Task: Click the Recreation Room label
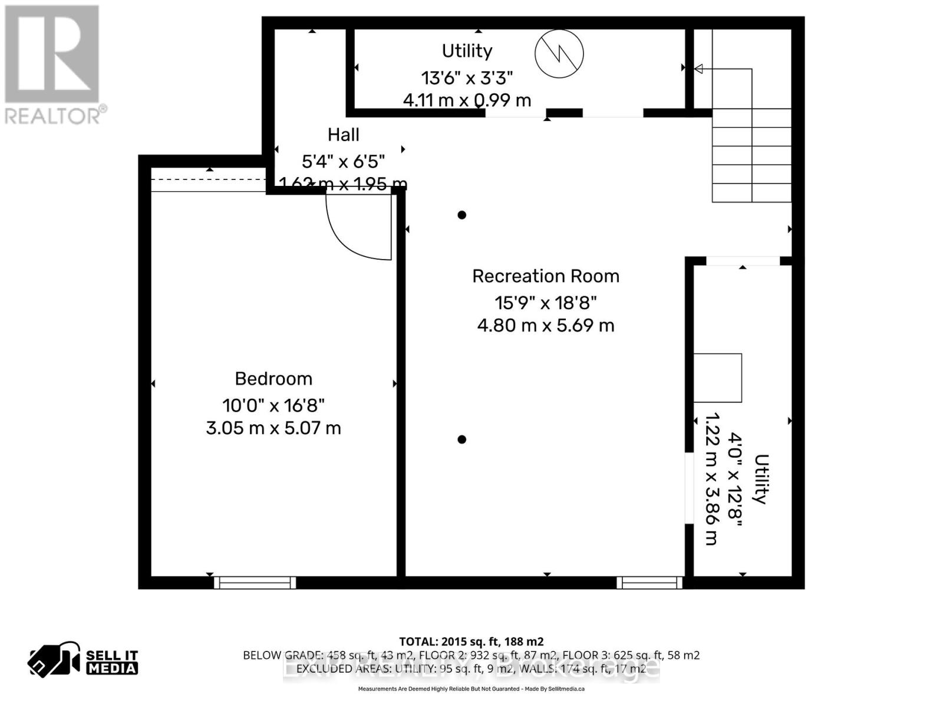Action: tap(545, 276)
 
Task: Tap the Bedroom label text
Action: tap(273, 379)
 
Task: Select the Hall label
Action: tap(343, 135)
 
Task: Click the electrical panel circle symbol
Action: tap(559, 54)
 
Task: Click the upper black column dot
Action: tap(462, 215)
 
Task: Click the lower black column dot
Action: tap(462, 440)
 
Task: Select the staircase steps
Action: tap(751, 155)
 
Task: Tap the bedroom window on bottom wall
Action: tap(255, 583)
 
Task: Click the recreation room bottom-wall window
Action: tap(649, 583)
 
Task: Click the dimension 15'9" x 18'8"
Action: tap(545, 303)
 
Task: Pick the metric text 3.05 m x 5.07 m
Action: tap(273, 428)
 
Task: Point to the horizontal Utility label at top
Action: tap(467, 51)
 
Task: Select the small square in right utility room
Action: tap(717, 378)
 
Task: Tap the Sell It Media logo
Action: tap(83, 661)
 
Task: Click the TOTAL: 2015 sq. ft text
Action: tap(471, 641)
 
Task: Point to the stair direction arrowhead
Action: tap(699, 69)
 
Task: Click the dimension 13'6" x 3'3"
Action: tap(467, 77)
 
